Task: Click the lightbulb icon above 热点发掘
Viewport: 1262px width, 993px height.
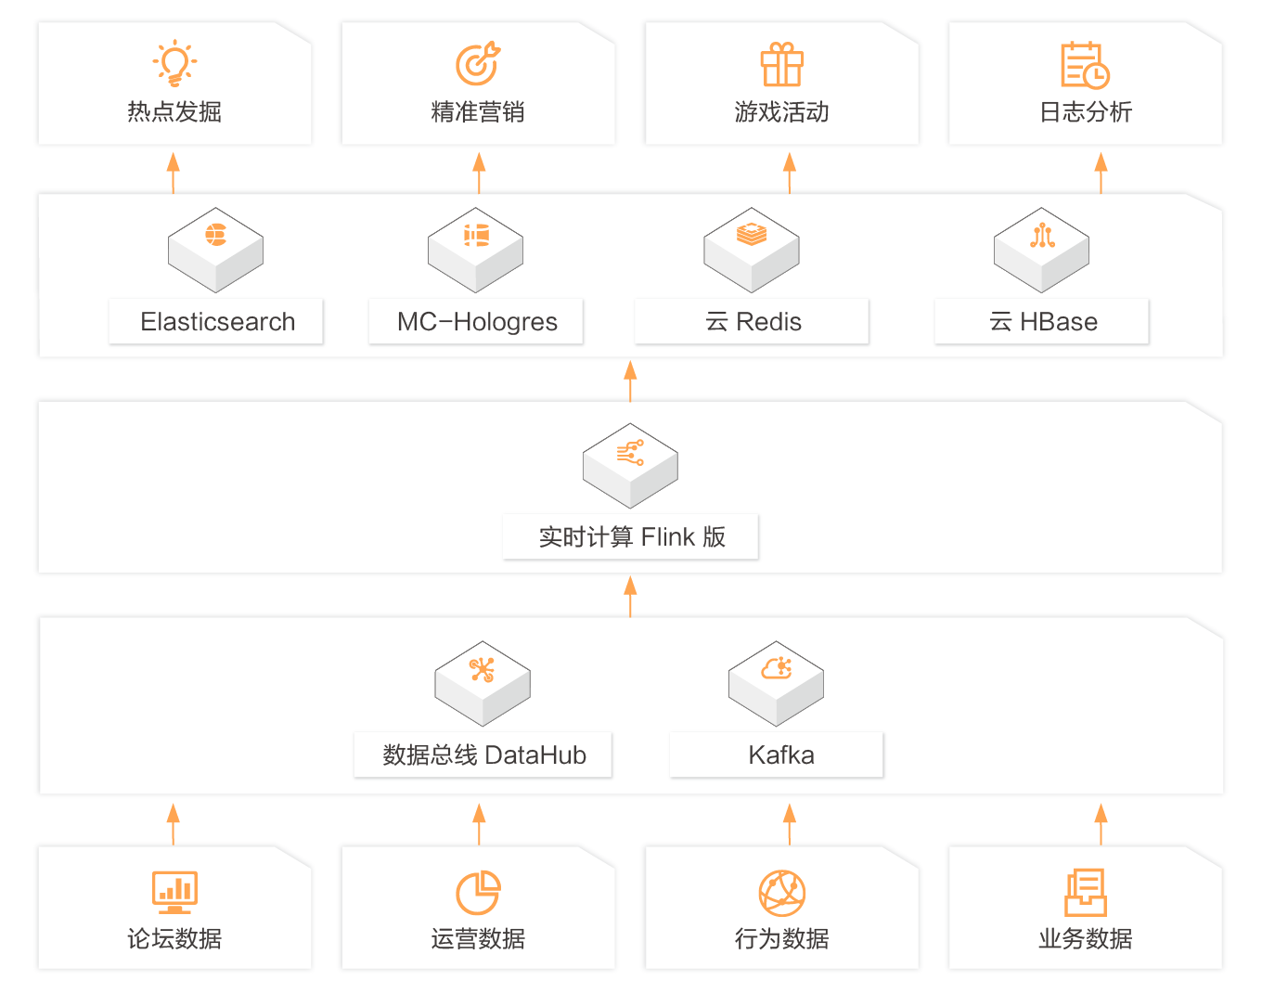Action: coord(174,63)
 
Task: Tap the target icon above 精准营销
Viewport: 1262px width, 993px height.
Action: coord(478,63)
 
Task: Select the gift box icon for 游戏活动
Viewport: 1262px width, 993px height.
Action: coord(781,64)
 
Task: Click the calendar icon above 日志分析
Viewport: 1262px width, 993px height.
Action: coord(1085,64)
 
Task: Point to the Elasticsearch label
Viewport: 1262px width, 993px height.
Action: coord(216,321)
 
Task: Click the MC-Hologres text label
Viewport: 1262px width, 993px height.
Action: coord(476,321)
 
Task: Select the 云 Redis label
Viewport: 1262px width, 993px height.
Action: coord(752,321)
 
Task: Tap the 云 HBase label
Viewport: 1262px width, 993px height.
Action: coord(1042,321)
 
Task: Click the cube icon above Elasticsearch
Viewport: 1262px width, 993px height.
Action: coord(215,250)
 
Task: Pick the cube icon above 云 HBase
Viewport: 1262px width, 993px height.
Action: coord(1041,250)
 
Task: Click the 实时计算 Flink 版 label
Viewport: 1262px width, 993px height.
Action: coord(631,536)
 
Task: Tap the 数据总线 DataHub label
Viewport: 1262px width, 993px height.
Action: coord(483,754)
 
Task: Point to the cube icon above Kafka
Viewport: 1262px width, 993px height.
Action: coord(776,683)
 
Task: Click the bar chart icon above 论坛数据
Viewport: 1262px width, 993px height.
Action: coord(174,892)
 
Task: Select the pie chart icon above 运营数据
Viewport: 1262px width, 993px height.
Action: coord(478,893)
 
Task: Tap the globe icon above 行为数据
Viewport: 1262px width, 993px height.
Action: coord(781,893)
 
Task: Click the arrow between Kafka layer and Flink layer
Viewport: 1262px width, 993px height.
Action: coord(630,596)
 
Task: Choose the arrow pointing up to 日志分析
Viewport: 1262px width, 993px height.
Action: coord(1101,173)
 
